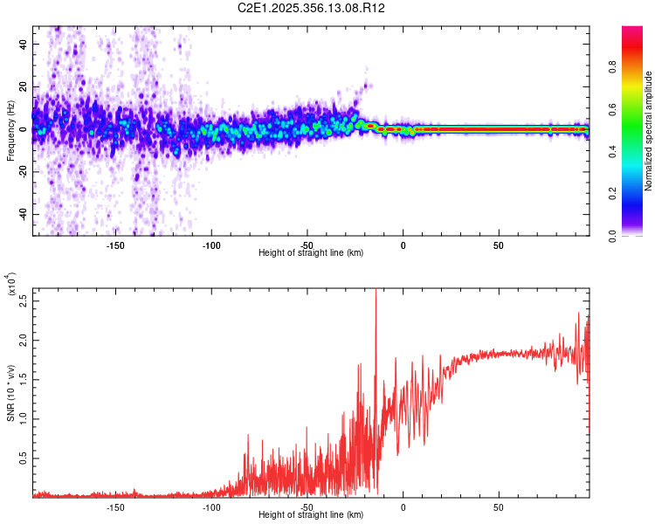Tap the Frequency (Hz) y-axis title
click(x=11, y=130)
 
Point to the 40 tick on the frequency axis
click(x=24, y=44)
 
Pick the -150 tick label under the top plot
click(x=115, y=245)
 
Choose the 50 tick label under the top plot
click(x=498, y=245)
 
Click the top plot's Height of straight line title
click(x=311, y=253)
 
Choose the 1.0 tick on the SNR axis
click(x=23, y=417)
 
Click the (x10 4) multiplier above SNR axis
click(x=12, y=285)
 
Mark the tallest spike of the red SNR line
click(x=376, y=291)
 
